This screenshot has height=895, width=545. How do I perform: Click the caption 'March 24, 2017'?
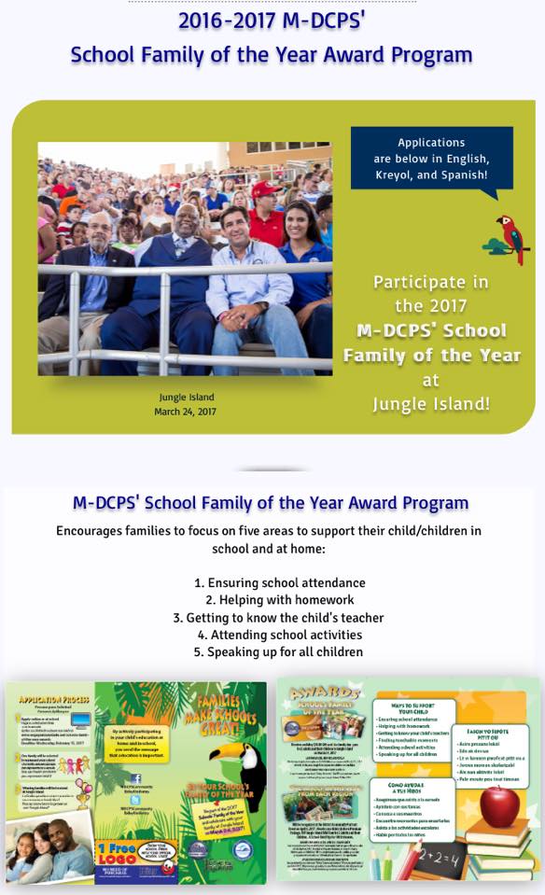pyautogui.click(x=185, y=412)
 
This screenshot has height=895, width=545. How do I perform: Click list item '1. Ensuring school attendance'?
pyautogui.click(x=279, y=583)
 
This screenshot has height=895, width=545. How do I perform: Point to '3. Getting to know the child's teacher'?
pyautogui.click(x=278, y=618)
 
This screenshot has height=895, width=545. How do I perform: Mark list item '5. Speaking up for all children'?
pyautogui.click(x=278, y=652)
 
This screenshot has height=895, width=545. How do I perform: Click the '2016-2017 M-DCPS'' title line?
pyautogui.click(x=272, y=21)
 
